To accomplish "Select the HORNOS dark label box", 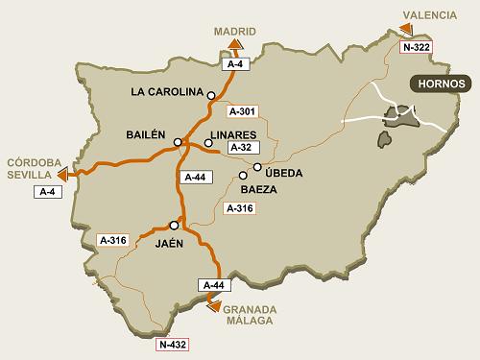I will pyautogui.click(x=442, y=84).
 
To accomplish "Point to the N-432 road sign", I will pyautogui.click(x=174, y=343).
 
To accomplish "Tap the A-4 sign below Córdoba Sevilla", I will pyautogui.click(x=47, y=192).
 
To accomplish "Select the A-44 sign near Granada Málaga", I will pyautogui.click(x=213, y=286).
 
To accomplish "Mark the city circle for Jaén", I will pyautogui.click(x=174, y=225).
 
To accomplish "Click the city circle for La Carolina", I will pyautogui.click(x=211, y=94).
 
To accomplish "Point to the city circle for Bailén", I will pyautogui.click(x=178, y=142).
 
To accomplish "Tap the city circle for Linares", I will pyautogui.click(x=208, y=143).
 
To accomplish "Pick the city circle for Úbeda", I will pyautogui.click(x=257, y=166).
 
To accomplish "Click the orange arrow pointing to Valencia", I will pyautogui.click(x=407, y=29).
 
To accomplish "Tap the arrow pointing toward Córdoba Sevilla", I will pyautogui.click(x=62, y=175).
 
